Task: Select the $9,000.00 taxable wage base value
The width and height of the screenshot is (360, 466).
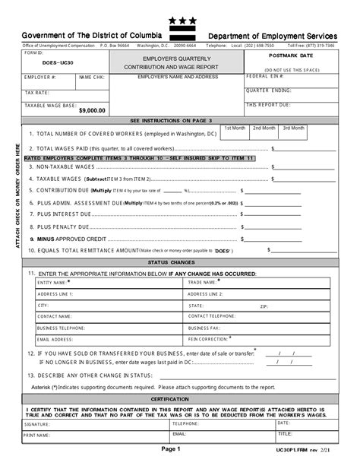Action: (x=91, y=111)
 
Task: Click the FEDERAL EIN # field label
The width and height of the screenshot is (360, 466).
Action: (x=265, y=77)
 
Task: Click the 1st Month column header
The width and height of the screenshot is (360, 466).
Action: (x=235, y=128)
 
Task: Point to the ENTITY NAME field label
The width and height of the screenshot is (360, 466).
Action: (x=54, y=282)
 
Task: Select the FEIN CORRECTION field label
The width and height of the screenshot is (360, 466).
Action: (x=208, y=339)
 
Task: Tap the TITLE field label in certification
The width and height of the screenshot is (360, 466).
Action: (x=284, y=434)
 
